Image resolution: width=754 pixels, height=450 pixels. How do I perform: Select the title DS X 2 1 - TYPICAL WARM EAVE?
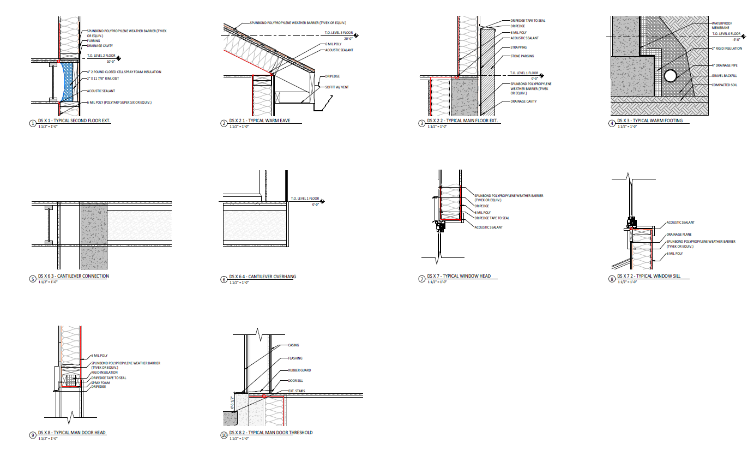(x=258, y=121)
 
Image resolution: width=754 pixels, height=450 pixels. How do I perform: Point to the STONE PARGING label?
(x=522, y=56)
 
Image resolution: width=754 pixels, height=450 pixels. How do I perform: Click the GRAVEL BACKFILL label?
(x=724, y=75)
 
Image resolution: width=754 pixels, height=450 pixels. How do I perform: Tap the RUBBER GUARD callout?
(x=299, y=370)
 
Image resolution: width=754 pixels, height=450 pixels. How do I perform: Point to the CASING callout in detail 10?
(x=293, y=345)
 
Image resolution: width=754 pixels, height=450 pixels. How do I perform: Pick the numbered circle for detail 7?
(x=421, y=279)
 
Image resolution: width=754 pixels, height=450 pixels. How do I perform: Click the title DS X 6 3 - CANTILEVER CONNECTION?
(x=73, y=276)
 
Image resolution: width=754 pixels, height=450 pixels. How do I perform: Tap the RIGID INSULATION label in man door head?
(x=104, y=373)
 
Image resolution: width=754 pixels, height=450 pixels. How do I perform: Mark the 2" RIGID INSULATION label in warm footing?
(x=727, y=49)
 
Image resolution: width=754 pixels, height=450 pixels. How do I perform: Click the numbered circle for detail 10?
(x=224, y=435)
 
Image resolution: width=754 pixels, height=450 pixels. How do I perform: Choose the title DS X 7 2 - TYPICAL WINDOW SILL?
(x=653, y=277)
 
